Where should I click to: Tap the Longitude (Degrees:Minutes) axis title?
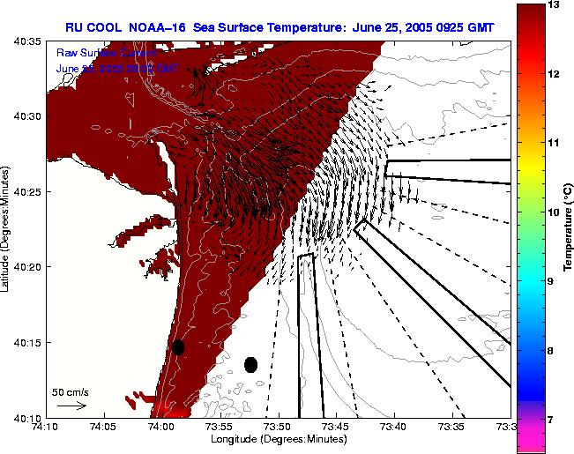pos(276,439)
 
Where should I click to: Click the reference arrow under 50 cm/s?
pos(71,406)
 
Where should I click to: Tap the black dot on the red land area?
pos(178,347)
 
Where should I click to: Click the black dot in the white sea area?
pos(251,364)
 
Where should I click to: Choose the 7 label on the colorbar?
pos(553,420)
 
